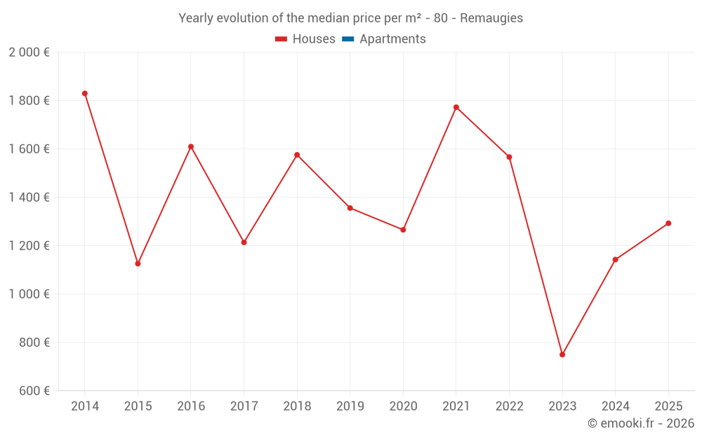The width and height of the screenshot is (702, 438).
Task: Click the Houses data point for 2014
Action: pos(85,93)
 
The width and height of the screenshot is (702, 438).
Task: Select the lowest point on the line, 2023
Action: pos(562,355)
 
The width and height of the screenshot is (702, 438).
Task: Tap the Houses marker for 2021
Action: pos(456,107)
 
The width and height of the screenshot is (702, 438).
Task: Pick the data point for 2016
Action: pos(191,146)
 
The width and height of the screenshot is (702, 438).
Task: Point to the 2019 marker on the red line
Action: pos(350,208)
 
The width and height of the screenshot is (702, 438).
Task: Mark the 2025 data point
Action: pos(668,224)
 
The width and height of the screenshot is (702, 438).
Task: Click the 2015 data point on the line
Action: pos(138,264)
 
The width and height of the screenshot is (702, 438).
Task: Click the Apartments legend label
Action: pos(392,39)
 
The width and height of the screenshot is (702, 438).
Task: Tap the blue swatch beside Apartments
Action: pos(347,39)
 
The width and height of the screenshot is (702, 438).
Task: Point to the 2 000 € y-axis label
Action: pos(29,53)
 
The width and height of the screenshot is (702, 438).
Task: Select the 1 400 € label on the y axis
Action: pos(29,198)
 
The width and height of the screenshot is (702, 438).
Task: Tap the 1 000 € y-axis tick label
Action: pos(29,294)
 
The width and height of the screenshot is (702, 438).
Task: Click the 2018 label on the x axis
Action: pos(297,406)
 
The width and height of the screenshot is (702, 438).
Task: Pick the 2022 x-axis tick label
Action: pos(509,406)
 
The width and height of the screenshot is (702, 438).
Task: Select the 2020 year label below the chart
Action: pos(403,406)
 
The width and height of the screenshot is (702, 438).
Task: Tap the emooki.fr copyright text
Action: pos(641,423)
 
